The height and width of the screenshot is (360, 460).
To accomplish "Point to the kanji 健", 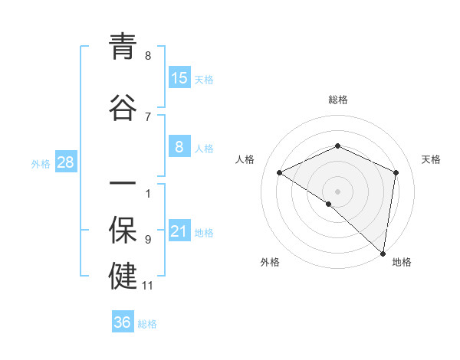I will click(123, 277).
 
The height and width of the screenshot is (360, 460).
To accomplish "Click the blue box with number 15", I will click(179, 78).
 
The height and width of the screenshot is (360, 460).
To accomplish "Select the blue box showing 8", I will click(179, 147).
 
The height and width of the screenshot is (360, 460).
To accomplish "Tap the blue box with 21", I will click(179, 231).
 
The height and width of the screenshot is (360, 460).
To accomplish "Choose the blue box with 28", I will click(65, 162).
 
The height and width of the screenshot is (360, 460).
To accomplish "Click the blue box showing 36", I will click(123, 322).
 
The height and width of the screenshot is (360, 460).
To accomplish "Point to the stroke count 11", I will click(148, 286).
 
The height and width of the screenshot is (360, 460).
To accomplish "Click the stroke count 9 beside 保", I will click(148, 240).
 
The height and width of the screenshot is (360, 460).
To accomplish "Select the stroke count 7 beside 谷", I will click(148, 116).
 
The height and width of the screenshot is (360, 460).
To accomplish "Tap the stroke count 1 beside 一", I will click(148, 193).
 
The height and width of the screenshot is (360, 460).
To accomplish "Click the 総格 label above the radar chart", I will click(337, 100).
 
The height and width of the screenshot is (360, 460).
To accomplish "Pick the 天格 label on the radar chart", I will click(431, 159).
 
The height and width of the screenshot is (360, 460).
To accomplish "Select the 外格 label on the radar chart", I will click(270, 263).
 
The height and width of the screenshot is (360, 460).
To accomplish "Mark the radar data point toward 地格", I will click(383, 253).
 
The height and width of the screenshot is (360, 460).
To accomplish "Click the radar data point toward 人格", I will click(280, 172).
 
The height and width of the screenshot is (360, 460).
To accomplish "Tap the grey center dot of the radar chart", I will click(337, 191).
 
